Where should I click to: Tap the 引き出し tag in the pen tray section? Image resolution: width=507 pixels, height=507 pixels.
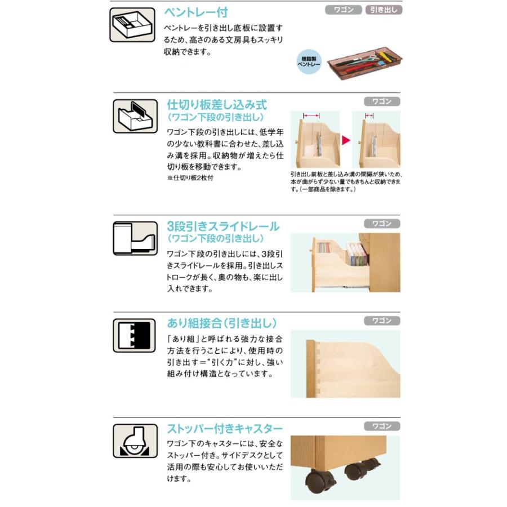coord(384,10)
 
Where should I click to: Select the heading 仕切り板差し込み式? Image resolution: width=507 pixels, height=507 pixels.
coord(217,105)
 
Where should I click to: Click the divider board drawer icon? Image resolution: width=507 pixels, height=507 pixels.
coord(135,116)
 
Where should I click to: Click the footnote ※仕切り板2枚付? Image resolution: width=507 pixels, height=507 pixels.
coord(190,177)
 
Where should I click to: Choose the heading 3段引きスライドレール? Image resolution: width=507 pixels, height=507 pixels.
coord(223,226)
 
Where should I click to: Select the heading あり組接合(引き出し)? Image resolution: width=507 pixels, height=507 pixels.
coord(222,323)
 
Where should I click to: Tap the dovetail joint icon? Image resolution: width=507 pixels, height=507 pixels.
coord(135,336)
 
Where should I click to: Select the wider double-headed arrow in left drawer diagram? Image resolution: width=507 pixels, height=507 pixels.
coord(312,115)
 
